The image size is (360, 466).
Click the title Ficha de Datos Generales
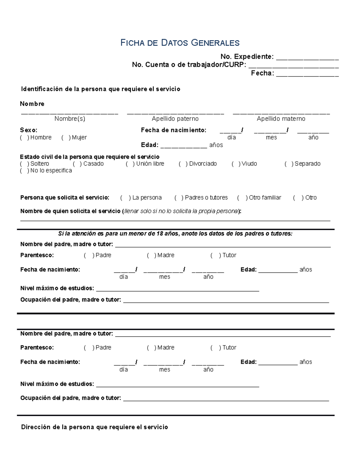coord(180,43)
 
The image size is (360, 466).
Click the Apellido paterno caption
coord(175,119)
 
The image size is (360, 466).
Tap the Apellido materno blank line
coord(281,113)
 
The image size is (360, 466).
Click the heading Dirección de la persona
coord(94,427)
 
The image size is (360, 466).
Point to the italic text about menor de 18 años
coord(175,233)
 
